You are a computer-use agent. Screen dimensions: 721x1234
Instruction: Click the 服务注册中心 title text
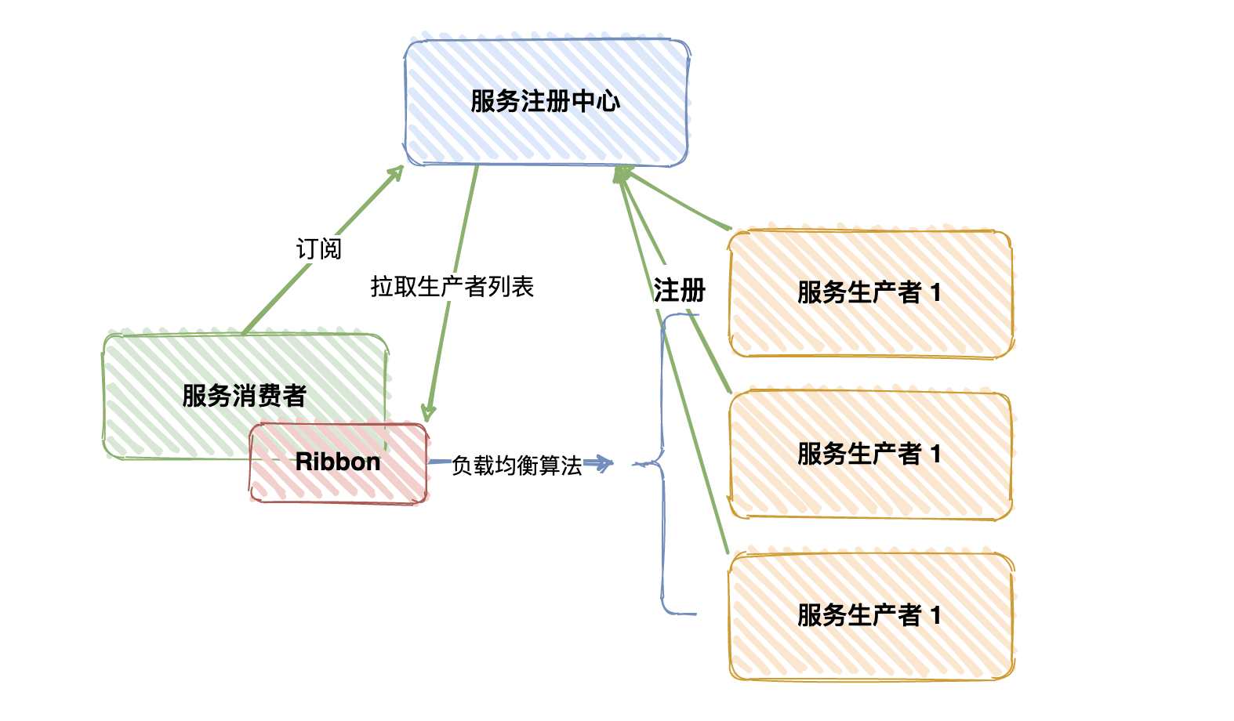[x=545, y=101]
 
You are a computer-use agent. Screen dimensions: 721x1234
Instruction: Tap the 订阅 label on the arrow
[x=318, y=248]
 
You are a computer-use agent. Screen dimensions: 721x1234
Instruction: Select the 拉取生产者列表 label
[x=452, y=286]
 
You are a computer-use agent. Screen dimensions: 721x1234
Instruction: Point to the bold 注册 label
[x=679, y=290]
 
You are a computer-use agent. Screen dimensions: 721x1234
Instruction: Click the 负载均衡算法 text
[x=517, y=466]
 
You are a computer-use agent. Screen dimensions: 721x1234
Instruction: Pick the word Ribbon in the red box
[x=338, y=462]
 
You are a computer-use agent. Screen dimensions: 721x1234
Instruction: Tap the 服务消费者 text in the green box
[x=244, y=395]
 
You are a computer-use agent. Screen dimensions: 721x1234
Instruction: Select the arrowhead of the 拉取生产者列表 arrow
[x=428, y=412]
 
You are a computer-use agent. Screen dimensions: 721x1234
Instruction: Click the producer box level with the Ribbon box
[x=870, y=455]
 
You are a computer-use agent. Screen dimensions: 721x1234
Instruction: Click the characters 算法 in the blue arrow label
[x=561, y=466]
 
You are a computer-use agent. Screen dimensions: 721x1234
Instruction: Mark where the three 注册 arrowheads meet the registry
[x=621, y=172]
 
